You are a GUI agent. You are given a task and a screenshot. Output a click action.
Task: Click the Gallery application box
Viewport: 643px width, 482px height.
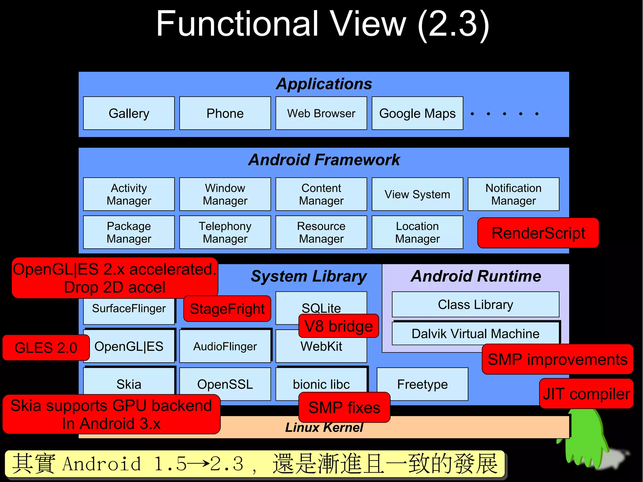[129, 113]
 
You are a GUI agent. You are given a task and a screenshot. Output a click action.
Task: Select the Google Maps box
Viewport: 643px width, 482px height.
[417, 113]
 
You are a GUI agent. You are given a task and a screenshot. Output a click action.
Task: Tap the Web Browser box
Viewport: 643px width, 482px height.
[321, 113]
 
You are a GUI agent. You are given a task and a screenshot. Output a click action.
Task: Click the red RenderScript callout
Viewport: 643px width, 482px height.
[538, 233]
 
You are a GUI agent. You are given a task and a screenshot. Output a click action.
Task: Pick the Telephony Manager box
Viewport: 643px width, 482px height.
[225, 232]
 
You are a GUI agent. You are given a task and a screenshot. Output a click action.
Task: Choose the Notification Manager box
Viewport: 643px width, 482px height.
[513, 194]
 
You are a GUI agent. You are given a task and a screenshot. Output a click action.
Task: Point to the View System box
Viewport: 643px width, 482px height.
[417, 194]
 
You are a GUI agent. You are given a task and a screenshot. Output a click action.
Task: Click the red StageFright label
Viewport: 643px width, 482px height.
[227, 309]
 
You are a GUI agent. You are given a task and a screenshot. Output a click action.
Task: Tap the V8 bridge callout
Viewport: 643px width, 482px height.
[339, 326]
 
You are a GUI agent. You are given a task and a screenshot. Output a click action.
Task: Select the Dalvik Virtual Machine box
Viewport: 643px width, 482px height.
[475, 333]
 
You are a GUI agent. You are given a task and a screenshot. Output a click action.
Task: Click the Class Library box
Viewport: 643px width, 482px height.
[475, 304]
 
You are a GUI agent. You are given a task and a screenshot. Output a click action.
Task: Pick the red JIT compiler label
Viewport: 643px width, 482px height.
[586, 394]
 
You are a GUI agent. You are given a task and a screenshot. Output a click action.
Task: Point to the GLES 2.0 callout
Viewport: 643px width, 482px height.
[46, 348]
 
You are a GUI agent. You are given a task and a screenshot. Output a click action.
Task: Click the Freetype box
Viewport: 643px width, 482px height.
[422, 384]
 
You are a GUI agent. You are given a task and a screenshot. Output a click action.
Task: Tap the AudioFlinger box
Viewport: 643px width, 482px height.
[225, 346]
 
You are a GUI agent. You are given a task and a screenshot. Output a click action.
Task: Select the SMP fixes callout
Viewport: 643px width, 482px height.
[344, 407]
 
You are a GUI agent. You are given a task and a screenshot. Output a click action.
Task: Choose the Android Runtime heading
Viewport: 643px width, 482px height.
[476, 276]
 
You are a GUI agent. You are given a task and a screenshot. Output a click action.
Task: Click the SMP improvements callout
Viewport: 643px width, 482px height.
[557, 359]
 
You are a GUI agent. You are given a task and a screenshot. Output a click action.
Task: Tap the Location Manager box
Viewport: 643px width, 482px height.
[417, 232]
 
